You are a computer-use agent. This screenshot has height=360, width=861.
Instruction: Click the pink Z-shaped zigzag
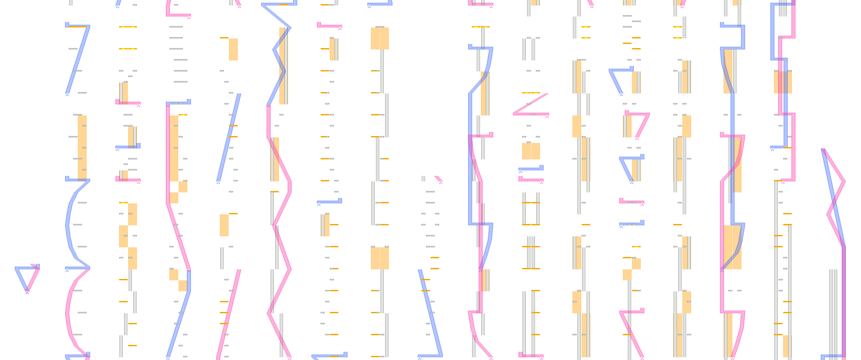(531, 104)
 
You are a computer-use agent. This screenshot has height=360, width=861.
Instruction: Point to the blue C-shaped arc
(69, 224)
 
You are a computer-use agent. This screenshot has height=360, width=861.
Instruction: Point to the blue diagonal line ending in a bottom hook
(430, 311)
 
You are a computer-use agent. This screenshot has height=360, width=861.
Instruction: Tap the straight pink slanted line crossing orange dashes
(229, 311)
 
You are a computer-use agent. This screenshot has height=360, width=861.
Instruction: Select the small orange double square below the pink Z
(531, 151)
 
